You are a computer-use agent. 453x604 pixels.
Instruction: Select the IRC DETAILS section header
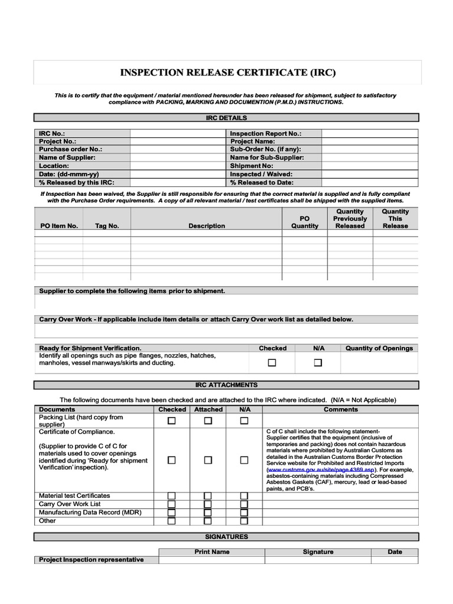tap(226, 118)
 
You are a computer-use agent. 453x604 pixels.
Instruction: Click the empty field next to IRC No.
tap(178, 133)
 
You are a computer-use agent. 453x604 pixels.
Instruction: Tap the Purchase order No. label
tap(71, 150)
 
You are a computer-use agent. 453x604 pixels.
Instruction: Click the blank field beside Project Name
tap(369, 142)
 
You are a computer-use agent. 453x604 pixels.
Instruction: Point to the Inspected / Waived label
tap(261, 175)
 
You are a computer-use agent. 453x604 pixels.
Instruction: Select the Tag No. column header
tap(107, 226)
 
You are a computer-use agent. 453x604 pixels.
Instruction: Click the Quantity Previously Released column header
tap(350, 219)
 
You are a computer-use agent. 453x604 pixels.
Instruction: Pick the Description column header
tap(206, 226)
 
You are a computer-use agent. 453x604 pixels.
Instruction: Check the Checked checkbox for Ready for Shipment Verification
tap(272, 363)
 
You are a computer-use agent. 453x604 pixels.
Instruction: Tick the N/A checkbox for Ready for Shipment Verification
tap(318, 363)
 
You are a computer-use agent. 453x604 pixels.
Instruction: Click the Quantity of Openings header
tap(379, 349)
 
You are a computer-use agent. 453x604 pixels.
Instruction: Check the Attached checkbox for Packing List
tap(208, 421)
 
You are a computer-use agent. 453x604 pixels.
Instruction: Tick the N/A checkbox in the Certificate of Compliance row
tap(244, 460)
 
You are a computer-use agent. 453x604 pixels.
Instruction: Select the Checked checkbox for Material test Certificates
tap(172, 496)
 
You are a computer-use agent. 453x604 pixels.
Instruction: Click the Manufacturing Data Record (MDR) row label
tap(90, 513)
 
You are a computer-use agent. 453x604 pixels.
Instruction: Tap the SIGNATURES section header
tap(226, 537)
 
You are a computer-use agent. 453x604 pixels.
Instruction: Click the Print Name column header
tap(212, 552)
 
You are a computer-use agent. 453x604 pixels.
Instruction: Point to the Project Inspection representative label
tap(91, 560)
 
